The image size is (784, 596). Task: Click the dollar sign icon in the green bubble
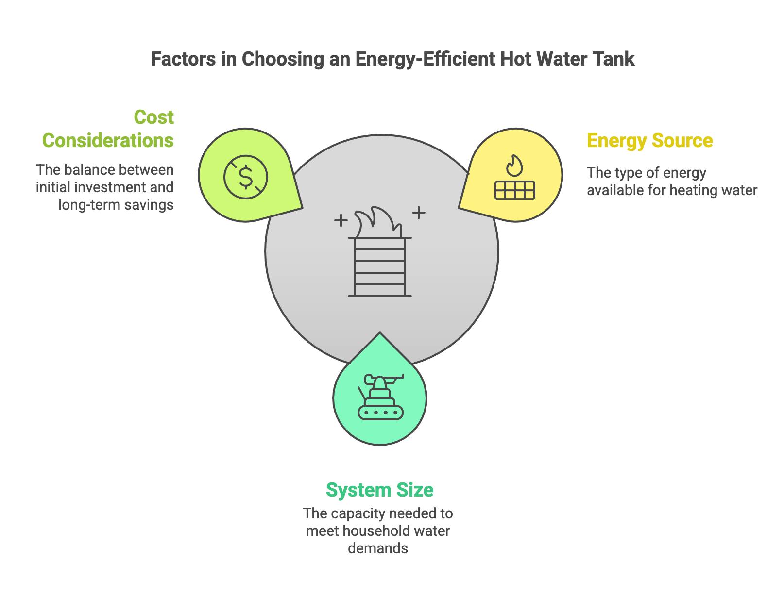tap(246, 177)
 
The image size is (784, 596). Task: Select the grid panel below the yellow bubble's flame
tap(514, 190)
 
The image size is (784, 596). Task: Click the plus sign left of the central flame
tap(341, 221)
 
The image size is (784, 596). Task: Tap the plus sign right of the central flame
tap(419, 212)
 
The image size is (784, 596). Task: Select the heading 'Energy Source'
tap(649, 140)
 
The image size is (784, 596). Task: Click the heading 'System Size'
tap(379, 490)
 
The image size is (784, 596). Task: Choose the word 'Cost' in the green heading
tap(153, 117)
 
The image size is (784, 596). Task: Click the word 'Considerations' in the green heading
tap(108, 140)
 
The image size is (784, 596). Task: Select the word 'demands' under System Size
tap(378, 548)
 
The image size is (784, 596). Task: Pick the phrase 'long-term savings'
tap(116, 204)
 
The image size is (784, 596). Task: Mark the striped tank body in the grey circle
tap(380, 267)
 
